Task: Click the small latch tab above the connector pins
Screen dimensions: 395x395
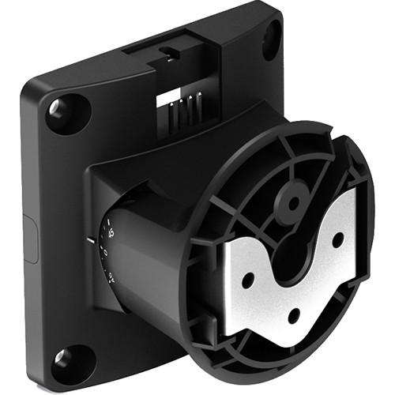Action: (x=167, y=51)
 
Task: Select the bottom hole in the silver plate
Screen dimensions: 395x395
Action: (x=293, y=314)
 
